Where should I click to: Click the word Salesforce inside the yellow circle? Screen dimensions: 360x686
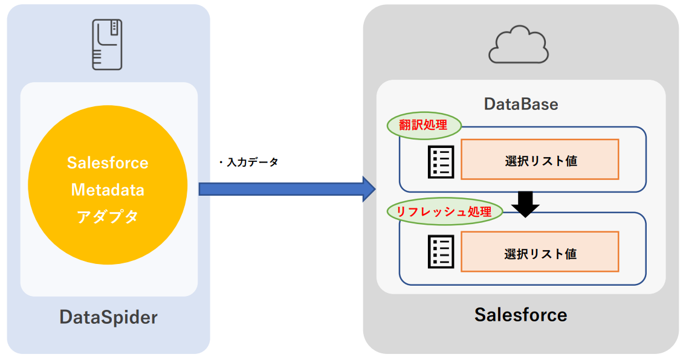tap(108, 163)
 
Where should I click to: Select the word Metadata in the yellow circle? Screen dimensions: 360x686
tap(108, 190)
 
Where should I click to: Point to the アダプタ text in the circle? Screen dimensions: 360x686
tap(108, 216)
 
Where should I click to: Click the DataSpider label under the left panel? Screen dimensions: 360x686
tap(108, 317)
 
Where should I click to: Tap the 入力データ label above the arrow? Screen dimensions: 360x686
tap(252, 162)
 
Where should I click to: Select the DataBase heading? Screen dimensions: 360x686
tap(521, 104)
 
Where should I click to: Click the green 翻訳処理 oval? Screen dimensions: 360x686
tap(424, 126)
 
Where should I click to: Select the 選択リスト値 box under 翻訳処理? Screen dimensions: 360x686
tap(540, 159)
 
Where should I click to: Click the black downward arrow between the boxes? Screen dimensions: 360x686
tap(525, 204)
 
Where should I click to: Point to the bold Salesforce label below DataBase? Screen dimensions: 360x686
tap(520, 315)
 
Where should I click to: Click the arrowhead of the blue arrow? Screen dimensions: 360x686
tap(369, 189)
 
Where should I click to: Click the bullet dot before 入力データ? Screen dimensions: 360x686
tap(221, 162)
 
